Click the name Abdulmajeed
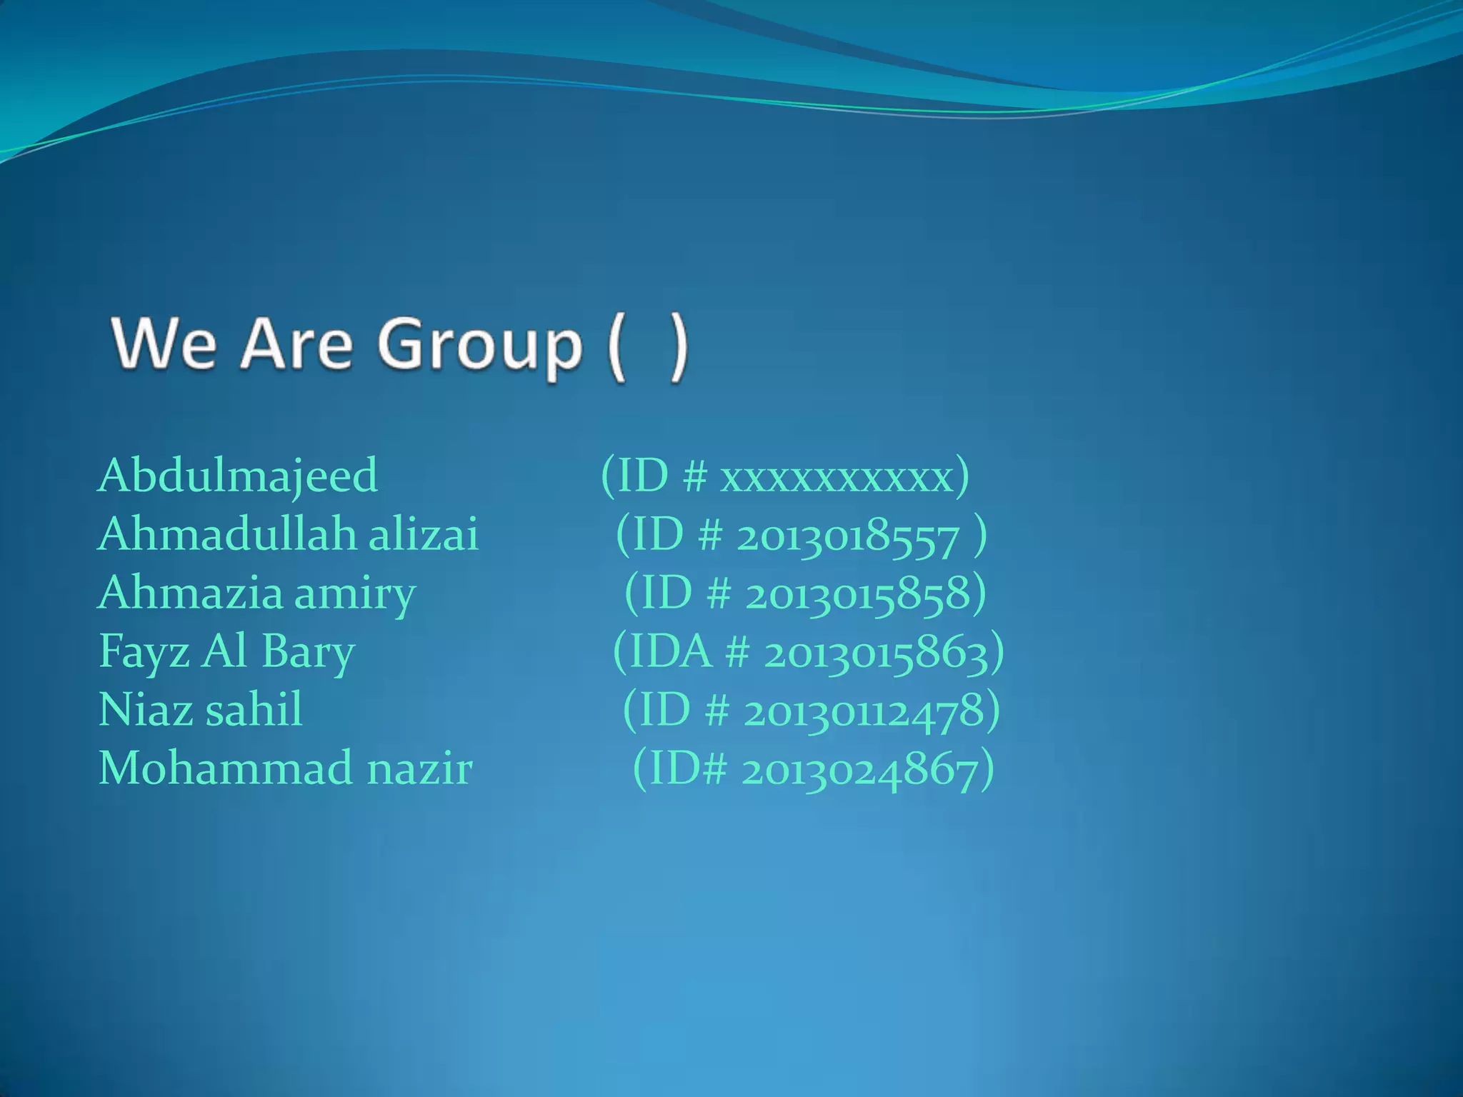[238, 476]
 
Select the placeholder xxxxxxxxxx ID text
[837, 477]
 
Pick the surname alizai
[424, 534]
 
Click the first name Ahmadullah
[227, 534]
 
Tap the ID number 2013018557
[847, 537]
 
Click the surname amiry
[354, 594]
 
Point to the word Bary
[308, 652]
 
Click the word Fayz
[144, 652]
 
